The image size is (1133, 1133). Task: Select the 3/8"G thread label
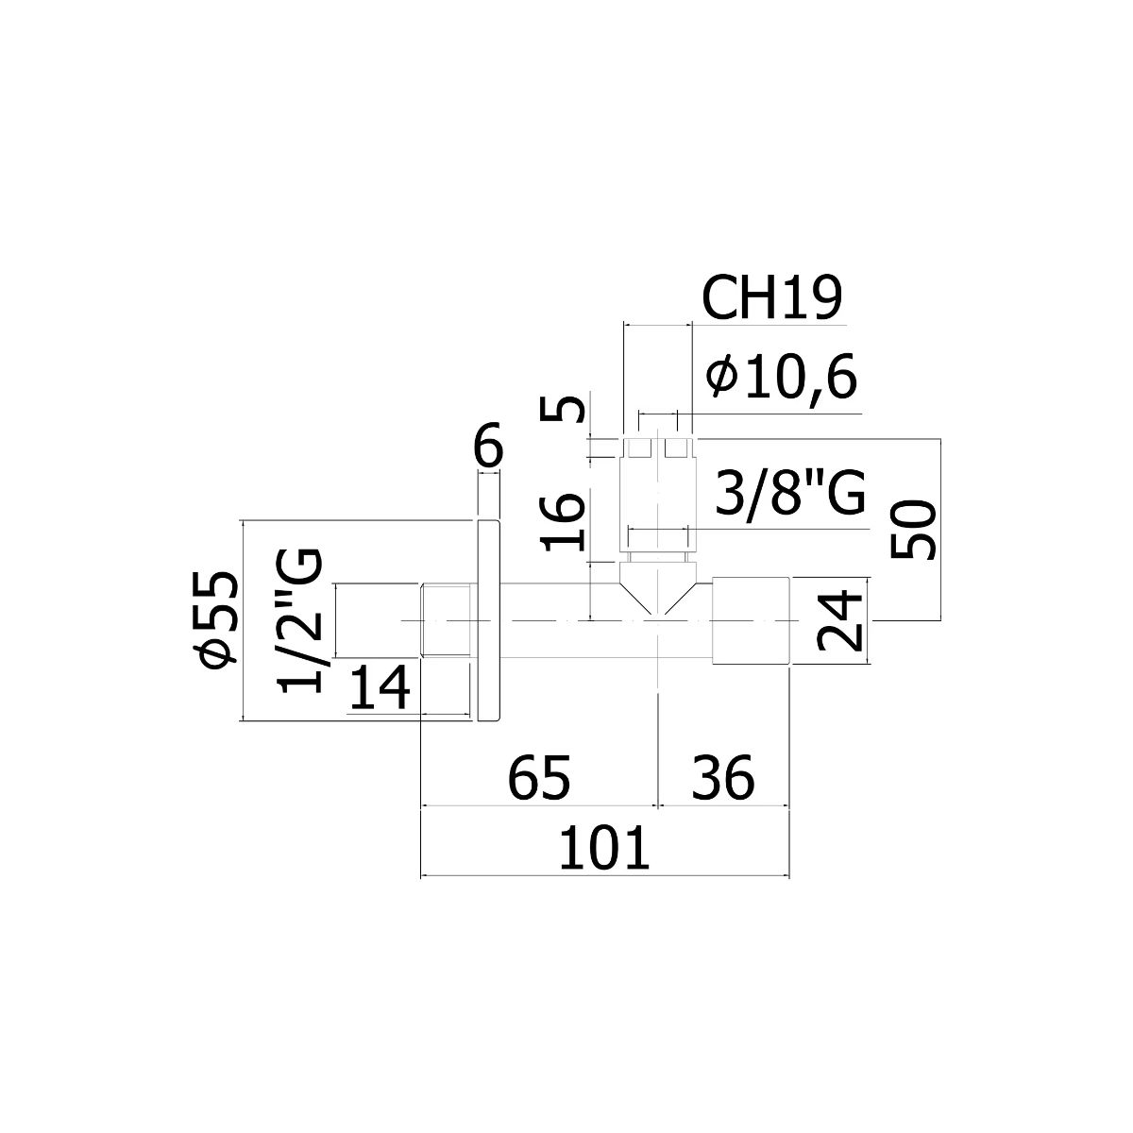tap(789, 491)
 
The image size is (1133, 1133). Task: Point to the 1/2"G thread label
tap(300, 620)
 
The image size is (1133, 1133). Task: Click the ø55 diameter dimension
tap(219, 619)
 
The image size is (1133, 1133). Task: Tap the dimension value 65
tap(538, 778)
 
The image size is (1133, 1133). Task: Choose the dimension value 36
tap(722, 778)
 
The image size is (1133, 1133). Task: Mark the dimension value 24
tap(839, 621)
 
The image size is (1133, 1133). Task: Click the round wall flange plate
tap(488, 620)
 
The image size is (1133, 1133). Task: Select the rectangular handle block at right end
tap(751, 621)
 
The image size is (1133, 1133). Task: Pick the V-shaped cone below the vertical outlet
tap(658, 588)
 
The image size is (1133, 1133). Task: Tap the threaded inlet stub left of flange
tap(446, 620)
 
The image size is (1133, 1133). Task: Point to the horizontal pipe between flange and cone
tap(559, 620)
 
